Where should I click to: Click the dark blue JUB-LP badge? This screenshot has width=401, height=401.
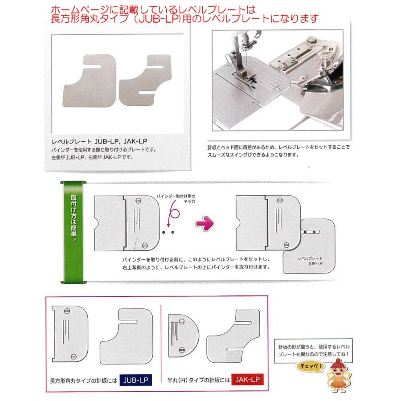(x=133, y=380)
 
